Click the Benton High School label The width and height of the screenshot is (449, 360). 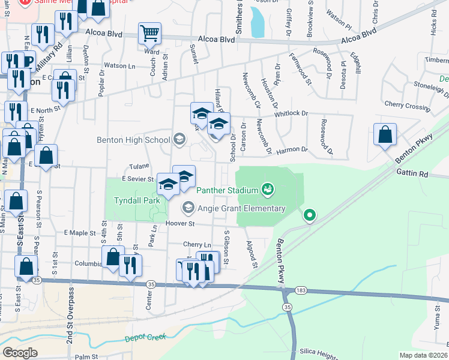(133, 140)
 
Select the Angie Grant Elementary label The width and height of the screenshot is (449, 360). (241, 208)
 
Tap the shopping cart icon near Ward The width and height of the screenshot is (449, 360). (149, 34)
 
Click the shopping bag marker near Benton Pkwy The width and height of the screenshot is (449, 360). (385, 135)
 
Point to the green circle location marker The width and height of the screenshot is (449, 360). (309, 214)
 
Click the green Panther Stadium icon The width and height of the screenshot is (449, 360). (268, 190)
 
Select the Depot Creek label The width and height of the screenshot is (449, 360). (145, 338)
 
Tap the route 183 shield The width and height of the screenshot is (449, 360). (300, 291)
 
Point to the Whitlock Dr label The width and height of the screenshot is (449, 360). (291, 113)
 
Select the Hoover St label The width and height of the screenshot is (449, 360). (180, 224)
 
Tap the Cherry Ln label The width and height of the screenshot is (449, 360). (197, 245)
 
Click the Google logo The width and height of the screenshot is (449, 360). (20, 353)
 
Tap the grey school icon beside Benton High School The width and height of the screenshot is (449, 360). (178, 140)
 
